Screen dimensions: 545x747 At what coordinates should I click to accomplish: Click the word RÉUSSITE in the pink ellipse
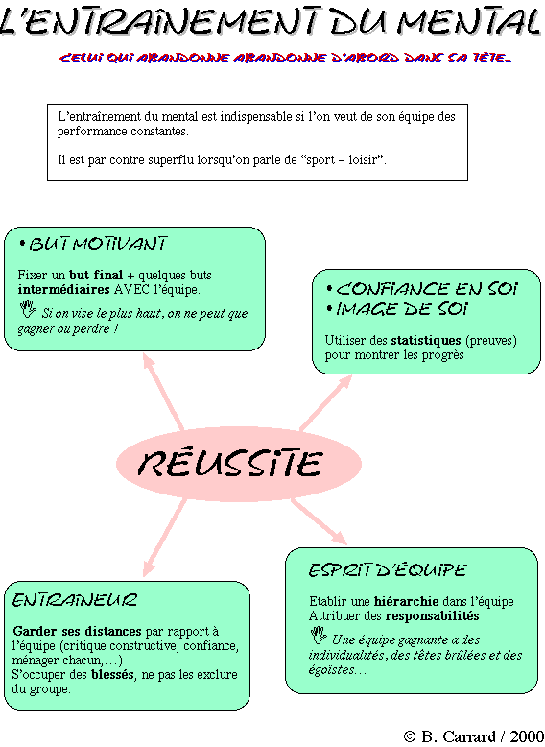click(x=230, y=463)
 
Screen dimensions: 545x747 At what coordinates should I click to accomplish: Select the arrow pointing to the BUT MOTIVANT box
click(x=163, y=392)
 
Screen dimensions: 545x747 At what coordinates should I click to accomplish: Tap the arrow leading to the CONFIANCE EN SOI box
click(x=326, y=403)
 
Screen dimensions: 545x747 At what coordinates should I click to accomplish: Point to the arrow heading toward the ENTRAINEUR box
click(x=164, y=538)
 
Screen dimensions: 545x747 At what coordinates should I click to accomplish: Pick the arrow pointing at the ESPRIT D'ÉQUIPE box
click(x=319, y=521)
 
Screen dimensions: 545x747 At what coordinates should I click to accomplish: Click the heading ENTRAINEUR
click(x=75, y=600)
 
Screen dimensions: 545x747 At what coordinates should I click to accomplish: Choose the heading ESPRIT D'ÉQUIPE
click(x=387, y=570)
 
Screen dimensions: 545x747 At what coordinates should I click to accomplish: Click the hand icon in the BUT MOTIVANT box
click(x=28, y=309)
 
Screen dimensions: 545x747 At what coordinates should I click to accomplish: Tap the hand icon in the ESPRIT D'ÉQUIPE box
click(x=319, y=636)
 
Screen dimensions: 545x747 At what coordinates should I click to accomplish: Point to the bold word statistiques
click(x=425, y=341)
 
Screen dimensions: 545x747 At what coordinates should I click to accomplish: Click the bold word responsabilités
click(x=432, y=616)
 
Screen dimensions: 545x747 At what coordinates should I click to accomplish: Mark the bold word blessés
click(x=112, y=675)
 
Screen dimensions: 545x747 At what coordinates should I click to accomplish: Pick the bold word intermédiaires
click(x=63, y=290)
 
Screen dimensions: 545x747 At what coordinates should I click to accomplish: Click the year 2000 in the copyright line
click(x=527, y=736)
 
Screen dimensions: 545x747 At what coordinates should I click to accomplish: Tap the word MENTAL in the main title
click(x=468, y=21)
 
